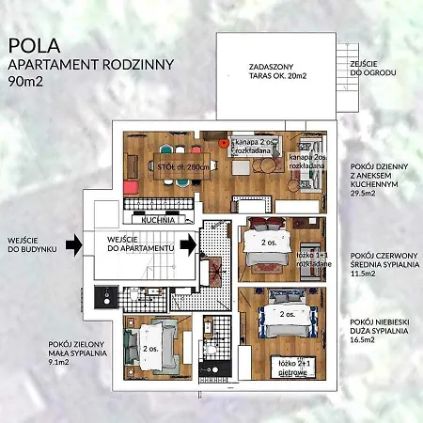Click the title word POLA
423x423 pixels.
(x=32, y=44)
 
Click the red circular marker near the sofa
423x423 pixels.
(x=223, y=144)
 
